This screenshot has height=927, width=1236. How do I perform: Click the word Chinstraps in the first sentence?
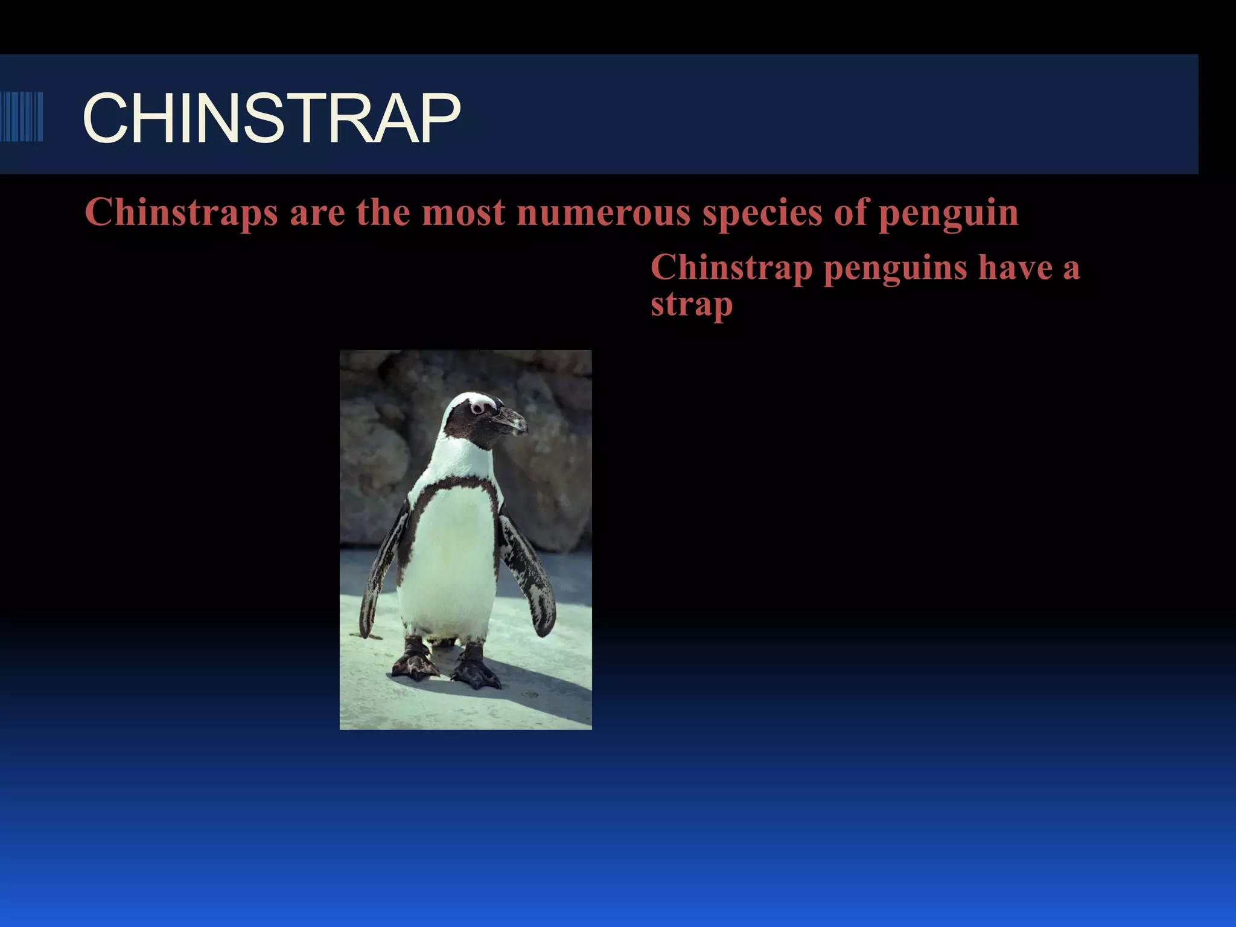point(181,213)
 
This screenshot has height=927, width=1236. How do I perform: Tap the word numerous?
point(603,213)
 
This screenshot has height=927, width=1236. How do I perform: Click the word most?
point(463,213)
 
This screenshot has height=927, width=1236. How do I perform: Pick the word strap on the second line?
point(692,305)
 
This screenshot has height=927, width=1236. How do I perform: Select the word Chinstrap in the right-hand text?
point(731,269)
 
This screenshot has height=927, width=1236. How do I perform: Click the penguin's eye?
point(477,409)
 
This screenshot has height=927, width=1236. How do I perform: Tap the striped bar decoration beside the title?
point(22,116)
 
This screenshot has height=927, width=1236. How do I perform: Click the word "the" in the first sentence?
point(383,213)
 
